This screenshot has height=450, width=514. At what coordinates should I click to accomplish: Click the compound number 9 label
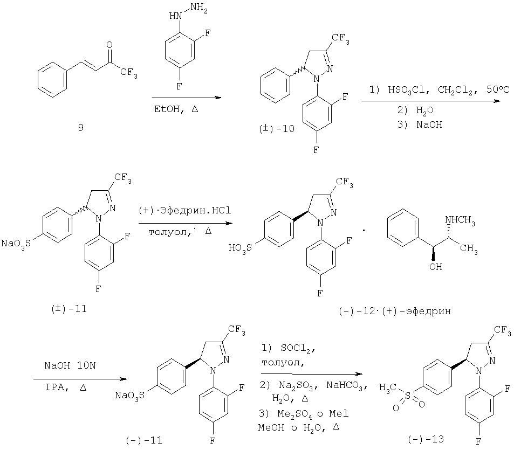tap(81, 127)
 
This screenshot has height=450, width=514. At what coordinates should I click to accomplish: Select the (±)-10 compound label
tap(276, 129)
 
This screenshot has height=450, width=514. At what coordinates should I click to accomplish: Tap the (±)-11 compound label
tap(69, 309)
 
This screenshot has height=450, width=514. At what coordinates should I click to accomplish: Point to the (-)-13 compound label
tap(426, 439)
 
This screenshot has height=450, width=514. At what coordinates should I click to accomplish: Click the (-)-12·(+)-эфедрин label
tap(395, 311)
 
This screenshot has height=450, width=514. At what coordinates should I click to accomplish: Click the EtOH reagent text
tap(167, 109)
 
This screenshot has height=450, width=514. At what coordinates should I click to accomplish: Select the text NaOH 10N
tap(70, 365)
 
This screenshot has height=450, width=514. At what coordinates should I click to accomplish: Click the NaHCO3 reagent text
tap(347, 386)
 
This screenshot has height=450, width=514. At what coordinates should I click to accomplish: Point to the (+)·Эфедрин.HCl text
tap(185, 210)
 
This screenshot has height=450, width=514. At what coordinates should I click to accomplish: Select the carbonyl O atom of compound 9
tap(109, 45)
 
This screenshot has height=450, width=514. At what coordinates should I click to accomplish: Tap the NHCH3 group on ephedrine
tap(460, 220)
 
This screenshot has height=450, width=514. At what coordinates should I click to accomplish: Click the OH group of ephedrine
tap(436, 267)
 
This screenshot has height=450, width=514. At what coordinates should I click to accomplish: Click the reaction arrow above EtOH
tap(187, 98)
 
